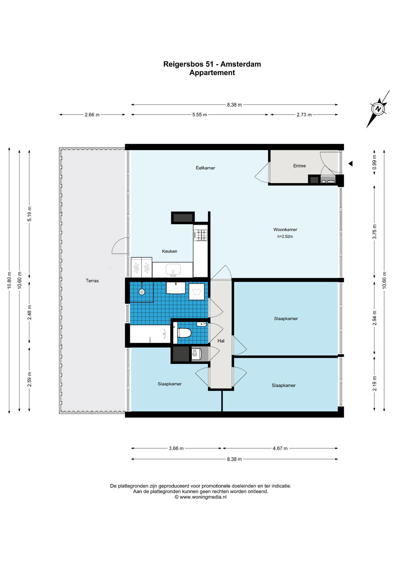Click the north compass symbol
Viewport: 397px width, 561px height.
(378, 109)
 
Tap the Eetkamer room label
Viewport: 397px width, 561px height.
(205, 168)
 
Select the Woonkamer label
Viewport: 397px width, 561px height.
(285, 230)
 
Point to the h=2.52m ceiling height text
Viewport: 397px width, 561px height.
(285, 237)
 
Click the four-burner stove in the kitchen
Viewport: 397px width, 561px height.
(201, 235)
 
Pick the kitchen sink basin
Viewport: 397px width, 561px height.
(173, 269)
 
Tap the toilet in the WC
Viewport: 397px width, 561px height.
(184, 333)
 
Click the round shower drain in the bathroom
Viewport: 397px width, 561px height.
(142, 292)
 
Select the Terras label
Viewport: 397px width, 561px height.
(92, 281)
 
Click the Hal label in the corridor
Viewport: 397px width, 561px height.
(221, 341)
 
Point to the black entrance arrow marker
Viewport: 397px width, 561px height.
(350, 164)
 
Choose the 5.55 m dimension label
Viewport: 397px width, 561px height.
(200, 115)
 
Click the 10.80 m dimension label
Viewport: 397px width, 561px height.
(9, 280)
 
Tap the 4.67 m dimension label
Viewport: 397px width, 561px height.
(280, 448)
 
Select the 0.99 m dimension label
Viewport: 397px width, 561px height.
(374, 162)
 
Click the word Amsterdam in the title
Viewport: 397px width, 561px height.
(241, 64)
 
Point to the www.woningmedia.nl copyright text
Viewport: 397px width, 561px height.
(201, 497)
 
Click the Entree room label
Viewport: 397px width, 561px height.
(299, 166)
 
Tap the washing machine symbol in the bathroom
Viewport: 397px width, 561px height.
(196, 292)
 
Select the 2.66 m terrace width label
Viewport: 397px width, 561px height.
(92, 115)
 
